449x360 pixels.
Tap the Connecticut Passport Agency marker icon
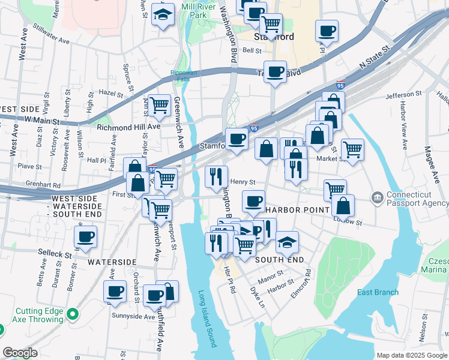tap(377, 197)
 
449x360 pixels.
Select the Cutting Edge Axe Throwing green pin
tap(72, 314)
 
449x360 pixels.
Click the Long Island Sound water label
tap(207, 319)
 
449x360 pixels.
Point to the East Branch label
tap(378, 292)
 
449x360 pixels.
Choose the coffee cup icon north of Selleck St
tap(86, 235)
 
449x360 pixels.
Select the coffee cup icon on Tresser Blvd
tap(276, 71)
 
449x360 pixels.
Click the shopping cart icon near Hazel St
tap(160, 105)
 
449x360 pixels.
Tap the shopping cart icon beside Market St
tap(352, 148)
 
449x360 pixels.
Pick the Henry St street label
tap(243, 182)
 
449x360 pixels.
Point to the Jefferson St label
tap(403, 95)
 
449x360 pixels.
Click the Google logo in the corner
tap(20, 352)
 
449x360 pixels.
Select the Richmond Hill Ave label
tap(128, 127)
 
